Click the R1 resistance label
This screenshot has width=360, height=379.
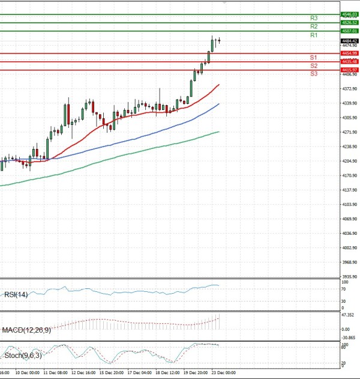[x=314, y=35]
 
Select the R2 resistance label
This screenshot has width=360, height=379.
[x=314, y=26]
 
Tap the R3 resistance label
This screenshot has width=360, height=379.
[x=314, y=18]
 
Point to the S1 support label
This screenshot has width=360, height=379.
[x=314, y=57]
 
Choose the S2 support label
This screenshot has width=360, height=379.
[x=314, y=65]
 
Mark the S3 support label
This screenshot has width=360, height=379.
[x=314, y=73]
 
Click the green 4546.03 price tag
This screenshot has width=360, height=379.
[x=349, y=14]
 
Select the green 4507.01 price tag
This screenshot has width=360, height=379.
[x=349, y=31]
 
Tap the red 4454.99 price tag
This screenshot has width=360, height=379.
[x=349, y=53]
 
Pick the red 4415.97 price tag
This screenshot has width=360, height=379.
[x=349, y=70]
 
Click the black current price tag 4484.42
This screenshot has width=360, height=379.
[x=349, y=41]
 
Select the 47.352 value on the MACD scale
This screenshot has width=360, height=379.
[x=349, y=315]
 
